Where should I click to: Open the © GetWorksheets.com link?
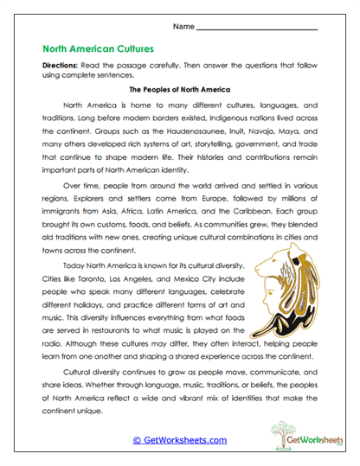[179, 441]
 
